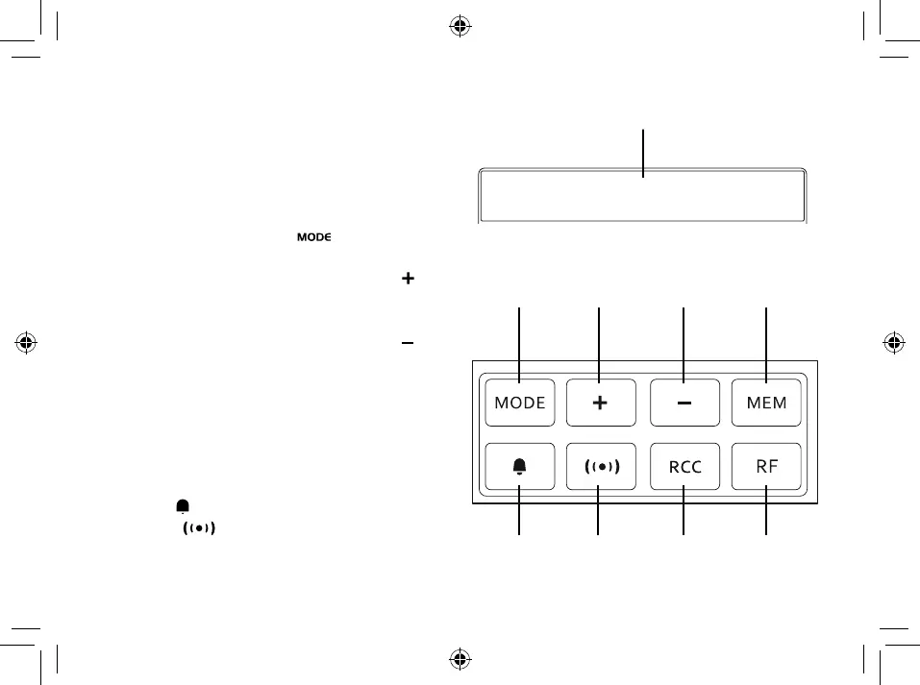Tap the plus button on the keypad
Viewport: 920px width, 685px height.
pos(600,404)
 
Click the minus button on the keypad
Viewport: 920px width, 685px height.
pos(684,404)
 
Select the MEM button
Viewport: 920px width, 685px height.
pos(766,404)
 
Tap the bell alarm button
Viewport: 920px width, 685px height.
pos(520,467)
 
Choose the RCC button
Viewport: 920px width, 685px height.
pos(684,467)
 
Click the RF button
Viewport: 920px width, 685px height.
pos(766,467)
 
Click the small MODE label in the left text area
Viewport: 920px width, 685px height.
pos(313,237)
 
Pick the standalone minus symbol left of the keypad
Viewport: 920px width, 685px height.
pos(408,343)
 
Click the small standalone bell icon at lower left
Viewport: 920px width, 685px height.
pos(182,506)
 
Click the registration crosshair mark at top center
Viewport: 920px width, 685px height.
pos(460,25)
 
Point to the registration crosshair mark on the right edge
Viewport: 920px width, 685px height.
pos(893,341)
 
